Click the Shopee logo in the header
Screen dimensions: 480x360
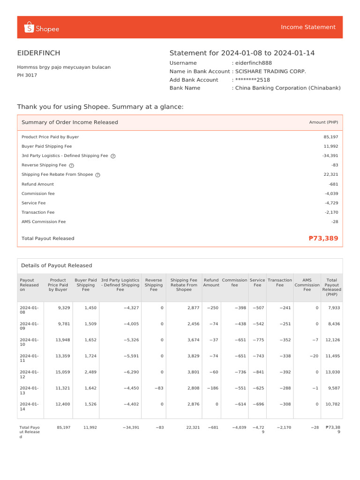pyautogui.click(x=41, y=29)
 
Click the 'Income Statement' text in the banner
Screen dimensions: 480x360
pyautogui.click(x=308, y=27)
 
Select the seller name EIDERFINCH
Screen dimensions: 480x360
pyautogui.click(x=38, y=53)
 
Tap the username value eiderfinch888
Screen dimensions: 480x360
pyautogui.click(x=254, y=63)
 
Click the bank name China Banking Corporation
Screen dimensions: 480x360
pyautogui.click(x=288, y=88)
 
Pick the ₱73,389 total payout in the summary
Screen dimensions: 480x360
pyautogui.click(x=323, y=238)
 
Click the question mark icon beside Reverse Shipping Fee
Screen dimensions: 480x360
pyautogui.click(x=71, y=165)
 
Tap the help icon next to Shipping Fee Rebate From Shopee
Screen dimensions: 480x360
pyautogui.click(x=97, y=175)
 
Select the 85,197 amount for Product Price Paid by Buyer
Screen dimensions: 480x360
pyautogui.click(x=330, y=137)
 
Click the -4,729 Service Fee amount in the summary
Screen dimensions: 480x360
pyautogui.click(x=331, y=203)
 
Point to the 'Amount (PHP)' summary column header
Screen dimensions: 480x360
pyautogui.click(x=323, y=122)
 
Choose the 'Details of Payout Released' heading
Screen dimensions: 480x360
pyautogui.click(x=56, y=265)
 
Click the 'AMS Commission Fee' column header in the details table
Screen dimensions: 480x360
pyautogui.click(x=307, y=285)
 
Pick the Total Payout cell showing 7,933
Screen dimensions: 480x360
pyautogui.click(x=333, y=307)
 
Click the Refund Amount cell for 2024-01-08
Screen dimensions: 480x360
pyautogui.click(x=212, y=307)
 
